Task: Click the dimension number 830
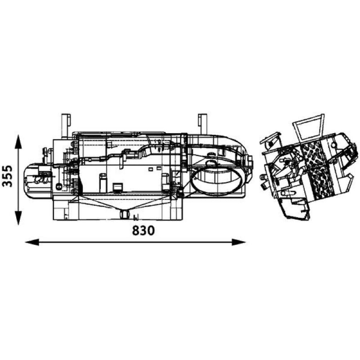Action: (x=144, y=230)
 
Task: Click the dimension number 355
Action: (x=7, y=176)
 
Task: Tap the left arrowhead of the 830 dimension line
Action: (x=32, y=242)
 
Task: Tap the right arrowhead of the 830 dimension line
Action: (x=239, y=242)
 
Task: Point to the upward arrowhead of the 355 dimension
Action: (x=18, y=142)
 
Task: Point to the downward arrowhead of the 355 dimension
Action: (x=18, y=218)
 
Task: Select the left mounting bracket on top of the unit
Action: (x=66, y=126)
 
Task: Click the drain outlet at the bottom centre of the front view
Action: (x=125, y=214)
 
